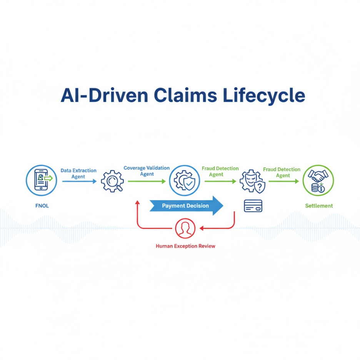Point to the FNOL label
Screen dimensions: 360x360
click(42, 206)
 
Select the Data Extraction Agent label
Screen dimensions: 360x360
click(78, 173)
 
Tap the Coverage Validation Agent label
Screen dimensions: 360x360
click(147, 171)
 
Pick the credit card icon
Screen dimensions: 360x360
click(252, 206)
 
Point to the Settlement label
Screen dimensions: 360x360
click(319, 206)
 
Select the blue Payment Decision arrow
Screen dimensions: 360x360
click(186, 206)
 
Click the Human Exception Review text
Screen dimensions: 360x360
click(185, 246)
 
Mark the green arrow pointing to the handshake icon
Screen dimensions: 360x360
click(284, 181)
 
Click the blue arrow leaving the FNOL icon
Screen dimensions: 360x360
click(79, 181)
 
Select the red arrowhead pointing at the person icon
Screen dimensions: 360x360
click(202, 228)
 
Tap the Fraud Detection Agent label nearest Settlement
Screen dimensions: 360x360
click(282, 172)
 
